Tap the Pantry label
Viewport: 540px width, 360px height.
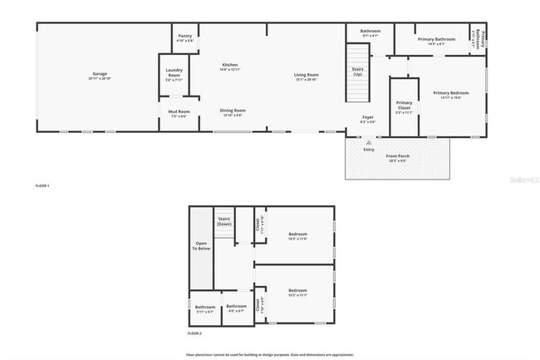[x=185, y=37]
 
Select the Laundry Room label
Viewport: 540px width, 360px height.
[x=174, y=73]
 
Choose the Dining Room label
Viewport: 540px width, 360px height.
[x=233, y=112]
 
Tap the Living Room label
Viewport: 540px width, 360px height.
[x=307, y=76]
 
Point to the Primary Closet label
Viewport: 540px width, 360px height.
[x=404, y=106]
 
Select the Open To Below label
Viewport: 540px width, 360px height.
[x=201, y=246]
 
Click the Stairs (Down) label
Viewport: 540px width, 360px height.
[x=224, y=221]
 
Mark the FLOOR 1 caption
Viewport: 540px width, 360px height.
[x=42, y=185]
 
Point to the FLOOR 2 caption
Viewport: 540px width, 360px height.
[x=194, y=333]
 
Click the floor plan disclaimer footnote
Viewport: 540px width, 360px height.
[x=271, y=353]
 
